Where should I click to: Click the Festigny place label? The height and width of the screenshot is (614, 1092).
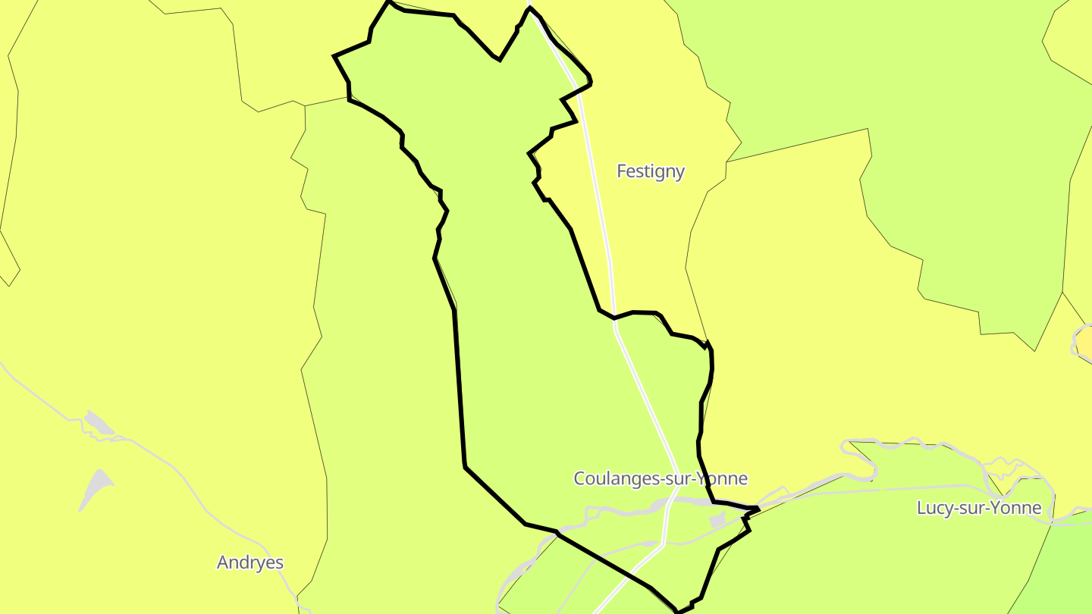coord(651,171)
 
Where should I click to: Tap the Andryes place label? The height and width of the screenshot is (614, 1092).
coord(250,562)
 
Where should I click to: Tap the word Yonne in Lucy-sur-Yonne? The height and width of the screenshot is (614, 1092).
coord(1018,508)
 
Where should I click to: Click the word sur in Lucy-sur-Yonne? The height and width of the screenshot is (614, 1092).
coord(974,508)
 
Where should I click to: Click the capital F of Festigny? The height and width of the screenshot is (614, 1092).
coord(622,171)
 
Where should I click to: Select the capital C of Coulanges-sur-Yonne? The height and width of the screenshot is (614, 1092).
coord(580,479)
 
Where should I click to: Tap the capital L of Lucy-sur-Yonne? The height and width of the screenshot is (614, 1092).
coord(921,508)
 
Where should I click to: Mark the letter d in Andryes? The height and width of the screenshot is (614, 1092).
coord(243,562)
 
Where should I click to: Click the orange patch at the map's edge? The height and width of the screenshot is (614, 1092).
coord(1085,340)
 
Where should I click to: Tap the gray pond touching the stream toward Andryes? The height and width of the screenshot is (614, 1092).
coord(99,424)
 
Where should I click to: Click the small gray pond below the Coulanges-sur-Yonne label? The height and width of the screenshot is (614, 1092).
coord(717,520)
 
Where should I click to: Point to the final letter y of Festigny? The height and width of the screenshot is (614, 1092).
coord(680,173)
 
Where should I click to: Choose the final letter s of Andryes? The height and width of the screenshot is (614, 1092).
coord(279,563)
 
